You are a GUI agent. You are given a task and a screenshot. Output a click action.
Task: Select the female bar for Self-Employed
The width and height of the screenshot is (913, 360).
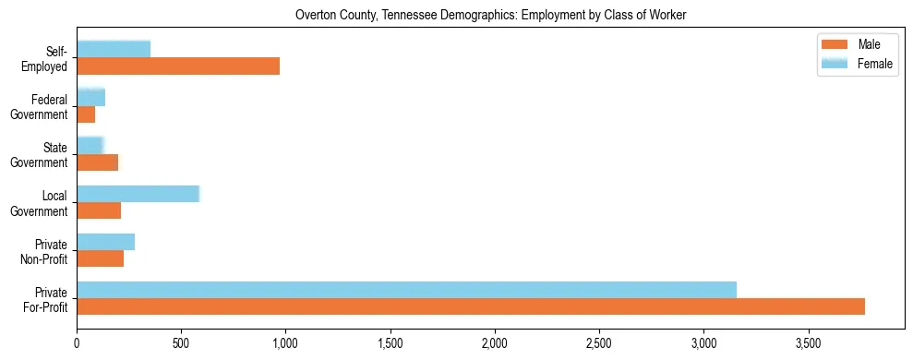click(x=114, y=49)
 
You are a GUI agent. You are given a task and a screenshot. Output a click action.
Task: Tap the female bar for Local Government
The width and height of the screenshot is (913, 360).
click(x=138, y=194)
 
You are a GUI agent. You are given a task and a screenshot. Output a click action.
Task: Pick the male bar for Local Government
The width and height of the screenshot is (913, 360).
click(x=99, y=210)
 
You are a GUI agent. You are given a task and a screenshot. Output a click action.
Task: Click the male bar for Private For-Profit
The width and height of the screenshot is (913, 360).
click(x=471, y=306)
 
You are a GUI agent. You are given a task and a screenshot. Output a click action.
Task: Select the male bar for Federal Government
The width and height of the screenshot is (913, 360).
click(x=86, y=114)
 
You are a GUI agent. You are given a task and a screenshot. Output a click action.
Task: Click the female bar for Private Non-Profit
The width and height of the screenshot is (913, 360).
click(x=105, y=242)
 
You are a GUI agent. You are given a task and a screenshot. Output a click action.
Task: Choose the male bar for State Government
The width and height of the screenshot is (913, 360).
click(x=97, y=162)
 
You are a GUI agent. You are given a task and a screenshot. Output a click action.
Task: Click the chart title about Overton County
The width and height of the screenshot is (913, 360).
click(x=490, y=15)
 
